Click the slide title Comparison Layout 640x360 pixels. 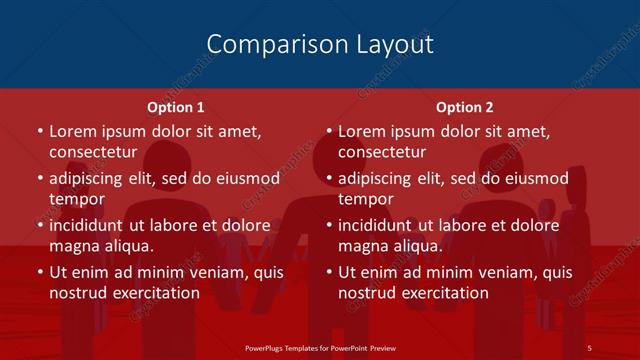click(320, 44)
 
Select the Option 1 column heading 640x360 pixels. click(176, 107)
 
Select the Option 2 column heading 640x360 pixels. click(465, 107)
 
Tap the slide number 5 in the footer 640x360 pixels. click(590, 347)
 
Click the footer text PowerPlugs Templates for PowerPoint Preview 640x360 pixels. click(320, 347)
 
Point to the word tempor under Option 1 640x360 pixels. click(77, 200)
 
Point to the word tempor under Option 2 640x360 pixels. click(367, 200)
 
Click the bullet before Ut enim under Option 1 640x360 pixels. click(39, 272)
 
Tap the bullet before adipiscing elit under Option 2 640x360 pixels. click(329, 179)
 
